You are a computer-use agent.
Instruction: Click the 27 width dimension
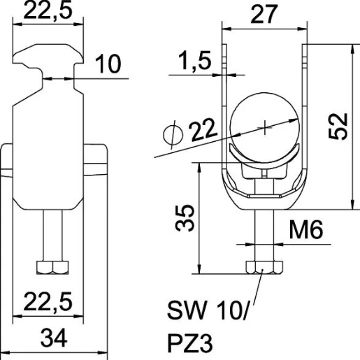(x=266, y=13)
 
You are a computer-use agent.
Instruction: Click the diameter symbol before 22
(x=171, y=133)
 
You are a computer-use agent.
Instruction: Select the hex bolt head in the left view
(x=52, y=267)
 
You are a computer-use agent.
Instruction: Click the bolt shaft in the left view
(x=52, y=234)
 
